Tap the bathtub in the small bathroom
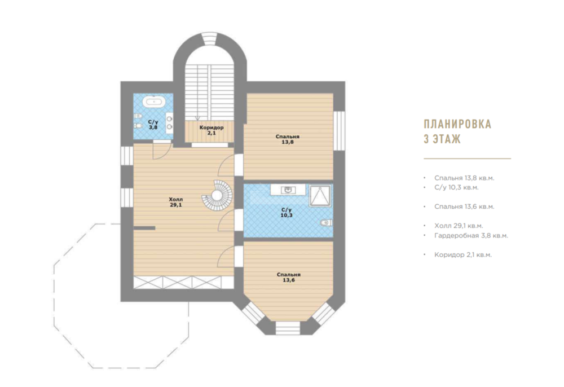pos(155,102)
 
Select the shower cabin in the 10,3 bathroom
pos(320,196)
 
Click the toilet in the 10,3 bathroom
pos(326,223)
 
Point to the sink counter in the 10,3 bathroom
pos(288,190)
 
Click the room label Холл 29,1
pos(176,202)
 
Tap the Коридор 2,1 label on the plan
pos(211,130)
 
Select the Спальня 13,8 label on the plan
pos(288,139)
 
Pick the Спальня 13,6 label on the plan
pos(288,278)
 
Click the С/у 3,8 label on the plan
pos(153,125)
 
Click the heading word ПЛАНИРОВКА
pos(457,124)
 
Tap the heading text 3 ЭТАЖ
pos(442,139)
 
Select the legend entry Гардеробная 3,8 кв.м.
pos(471,236)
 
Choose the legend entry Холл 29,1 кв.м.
pos(459,226)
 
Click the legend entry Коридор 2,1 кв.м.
pos(463,254)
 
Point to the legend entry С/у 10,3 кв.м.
pos(456,187)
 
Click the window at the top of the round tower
pos(209,39)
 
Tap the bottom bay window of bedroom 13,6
pos(288,328)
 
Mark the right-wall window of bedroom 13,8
pos(339,130)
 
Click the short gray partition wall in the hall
pos(144,228)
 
